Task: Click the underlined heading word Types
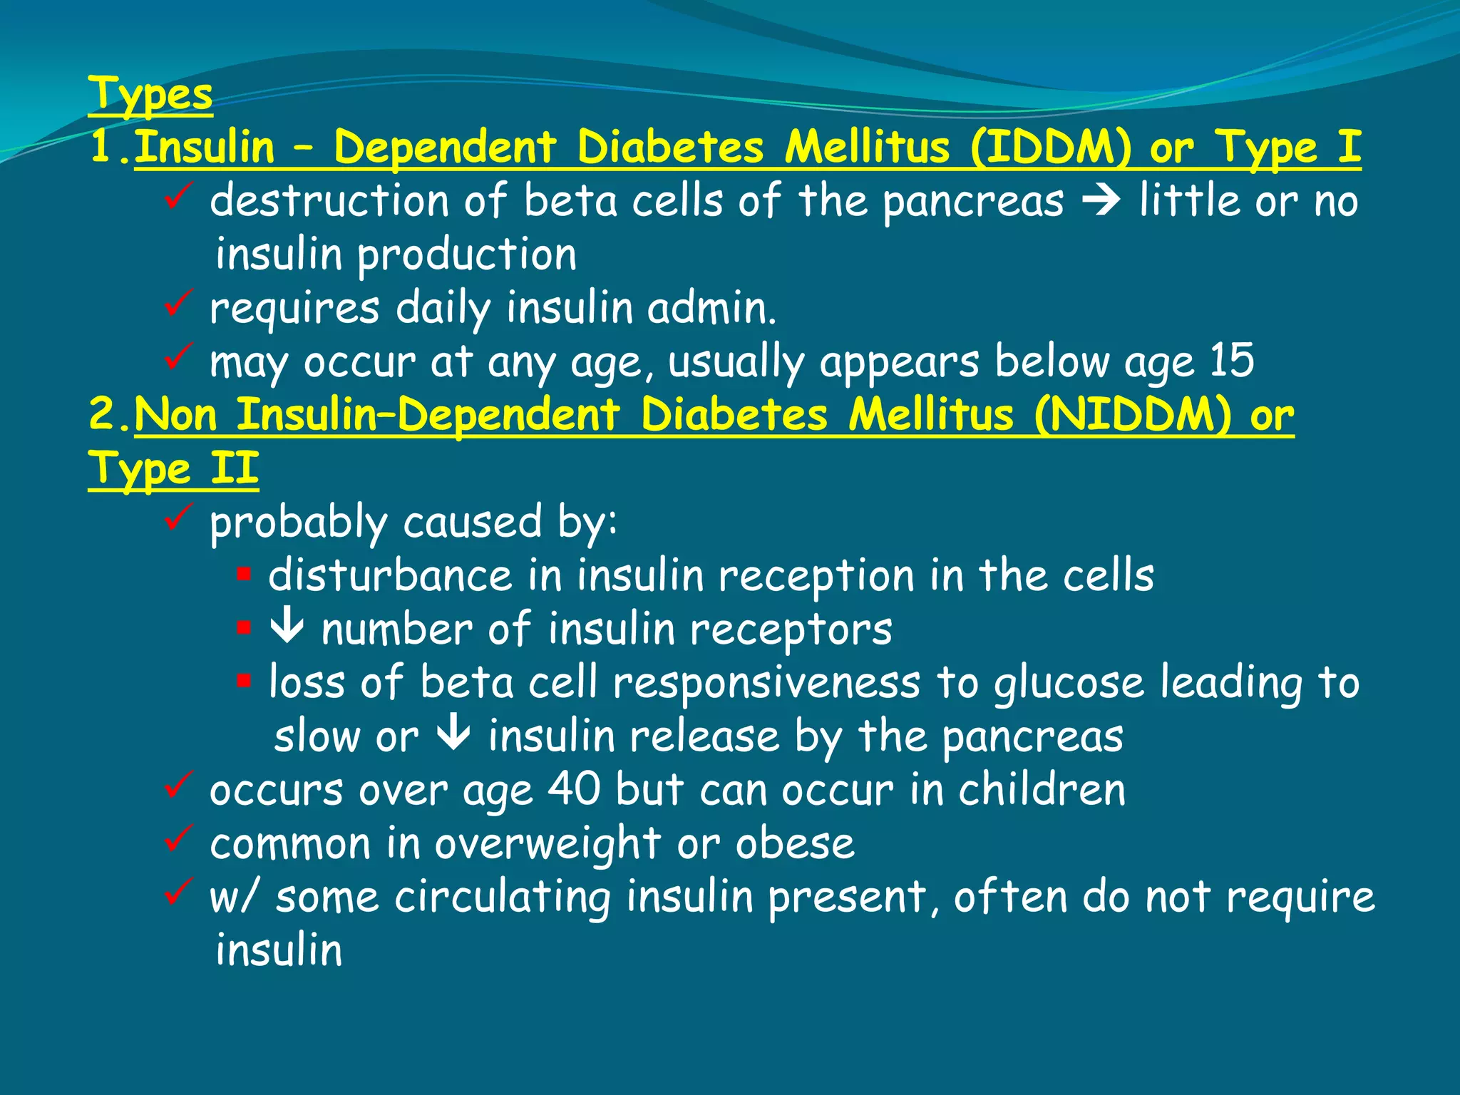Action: pyautogui.click(x=150, y=95)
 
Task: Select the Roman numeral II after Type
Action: pyautogui.click(x=235, y=468)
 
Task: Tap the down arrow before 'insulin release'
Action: pyautogui.click(x=453, y=735)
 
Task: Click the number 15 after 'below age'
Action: pyautogui.click(x=1231, y=361)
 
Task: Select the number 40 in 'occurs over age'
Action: pyautogui.click(x=574, y=789)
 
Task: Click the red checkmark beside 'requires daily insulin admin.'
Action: pyautogui.click(x=178, y=304)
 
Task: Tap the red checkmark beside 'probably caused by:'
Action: pyautogui.click(x=178, y=518)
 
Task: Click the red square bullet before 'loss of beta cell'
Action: pyautogui.click(x=244, y=681)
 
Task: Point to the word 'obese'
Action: pyautogui.click(x=795, y=843)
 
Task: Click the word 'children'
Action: pyautogui.click(x=1042, y=789)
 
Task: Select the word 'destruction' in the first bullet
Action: pyautogui.click(x=329, y=201)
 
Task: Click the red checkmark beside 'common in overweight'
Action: pyautogui.click(x=178, y=839)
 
